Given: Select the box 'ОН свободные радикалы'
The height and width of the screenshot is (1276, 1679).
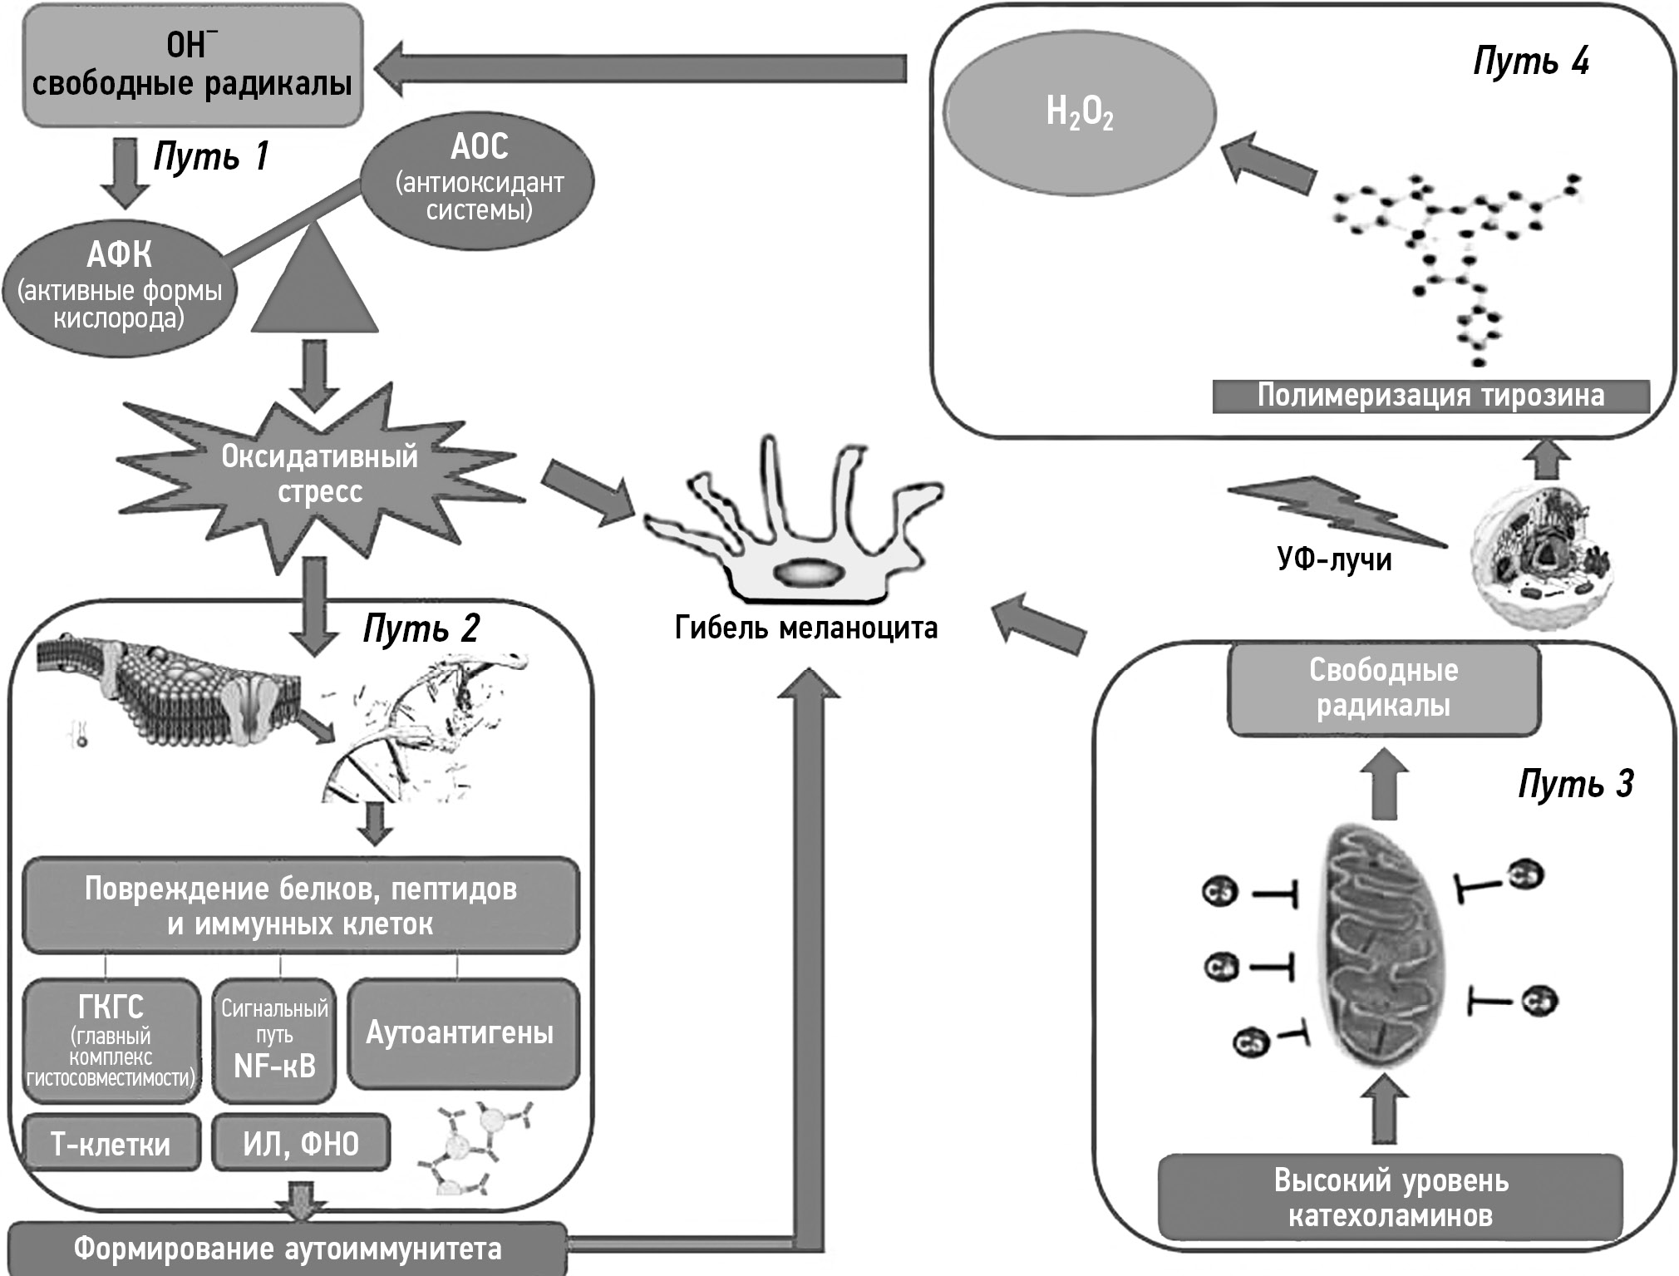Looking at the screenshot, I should point(192,67).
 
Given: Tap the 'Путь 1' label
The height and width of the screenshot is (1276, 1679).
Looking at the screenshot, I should point(211,155).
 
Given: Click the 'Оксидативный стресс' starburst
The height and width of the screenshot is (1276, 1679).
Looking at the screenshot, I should point(319,474).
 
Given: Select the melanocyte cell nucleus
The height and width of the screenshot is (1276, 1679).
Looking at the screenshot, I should point(807,573).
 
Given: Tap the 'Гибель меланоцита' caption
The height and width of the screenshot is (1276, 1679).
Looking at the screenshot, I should point(805,628).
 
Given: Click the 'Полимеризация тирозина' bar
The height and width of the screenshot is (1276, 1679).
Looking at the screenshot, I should point(1430,396).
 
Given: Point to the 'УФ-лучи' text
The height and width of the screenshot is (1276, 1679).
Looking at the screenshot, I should point(1334,559).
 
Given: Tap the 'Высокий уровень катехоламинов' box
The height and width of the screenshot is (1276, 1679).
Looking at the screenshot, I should point(1390,1198).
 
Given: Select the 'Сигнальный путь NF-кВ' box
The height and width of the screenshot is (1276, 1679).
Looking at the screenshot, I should point(274,1040).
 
